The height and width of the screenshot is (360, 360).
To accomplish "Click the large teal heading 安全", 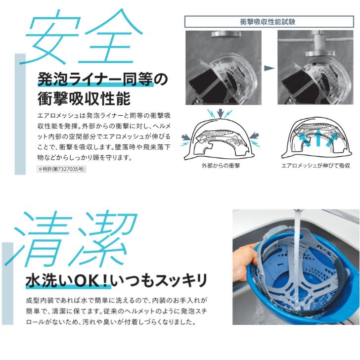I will click(x=79, y=37).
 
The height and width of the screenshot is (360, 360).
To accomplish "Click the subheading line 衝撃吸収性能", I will click(x=84, y=99).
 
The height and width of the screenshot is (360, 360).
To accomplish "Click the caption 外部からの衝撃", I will click(x=221, y=166).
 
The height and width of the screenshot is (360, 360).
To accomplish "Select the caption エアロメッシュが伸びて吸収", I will click(x=315, y=166).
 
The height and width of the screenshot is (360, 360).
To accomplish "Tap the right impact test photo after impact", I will click(x=315, y=67).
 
